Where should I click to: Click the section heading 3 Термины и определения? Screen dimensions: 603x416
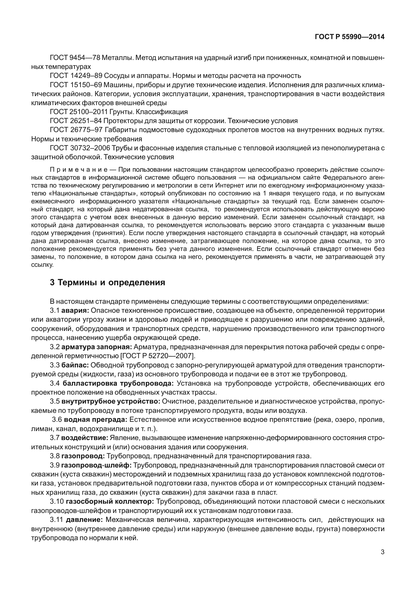point(107,283)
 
